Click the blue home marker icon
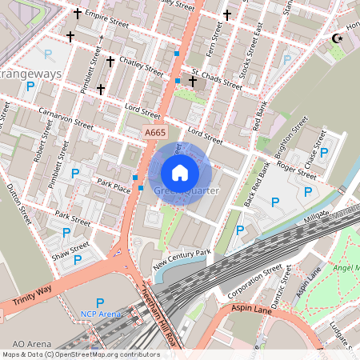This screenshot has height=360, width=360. click(x=180, y=173)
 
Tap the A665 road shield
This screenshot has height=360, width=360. click(x=155, y=132)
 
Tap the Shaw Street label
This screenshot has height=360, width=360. click(x=70, y=248)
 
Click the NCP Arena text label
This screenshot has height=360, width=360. click(x=100, y=314)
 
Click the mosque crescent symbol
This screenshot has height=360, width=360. click(x=337, y=38)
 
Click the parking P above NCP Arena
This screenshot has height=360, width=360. click(x=100, y=302)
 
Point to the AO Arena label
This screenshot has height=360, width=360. click(x=22, y=345)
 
